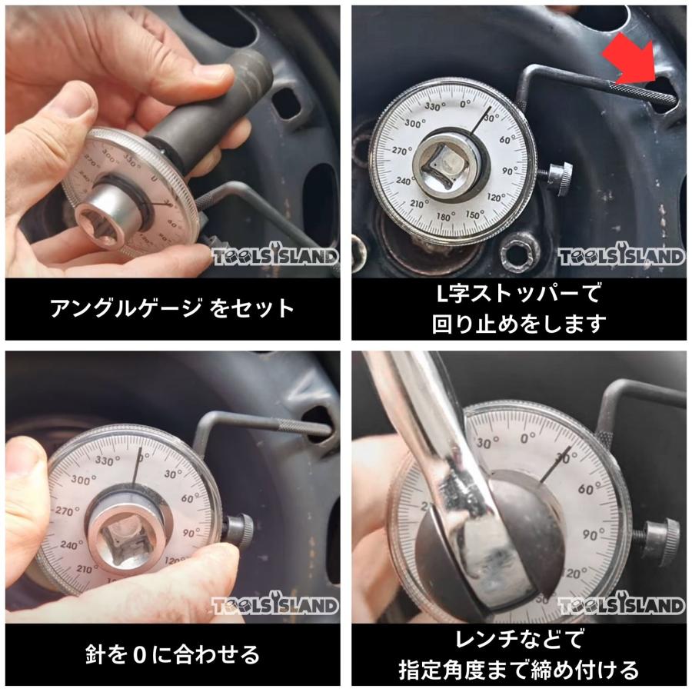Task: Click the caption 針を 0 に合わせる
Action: tap(172, 654)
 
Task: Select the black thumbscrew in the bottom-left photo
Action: tap(238, 531)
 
